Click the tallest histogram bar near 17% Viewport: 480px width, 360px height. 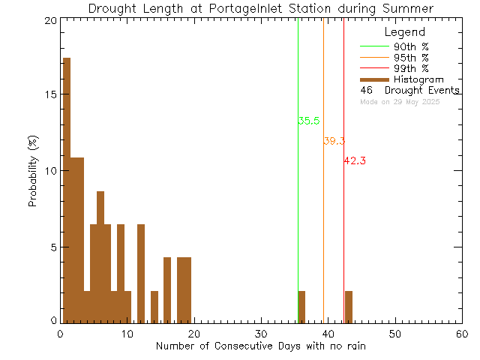coord(66,187)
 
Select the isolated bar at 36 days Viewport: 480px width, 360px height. coord(301,306)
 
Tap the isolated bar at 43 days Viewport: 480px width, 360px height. coord(349,306)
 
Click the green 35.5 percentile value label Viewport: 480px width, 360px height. coord(309,121)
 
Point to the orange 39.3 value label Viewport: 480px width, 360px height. coord(334,141)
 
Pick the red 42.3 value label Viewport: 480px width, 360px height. coord(355,160)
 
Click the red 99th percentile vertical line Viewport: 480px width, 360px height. coord(343,225)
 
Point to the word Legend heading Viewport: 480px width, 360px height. coord(404,32)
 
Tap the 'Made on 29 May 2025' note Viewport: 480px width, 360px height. coord(400,101)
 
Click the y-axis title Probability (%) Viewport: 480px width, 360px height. coord(33,171)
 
